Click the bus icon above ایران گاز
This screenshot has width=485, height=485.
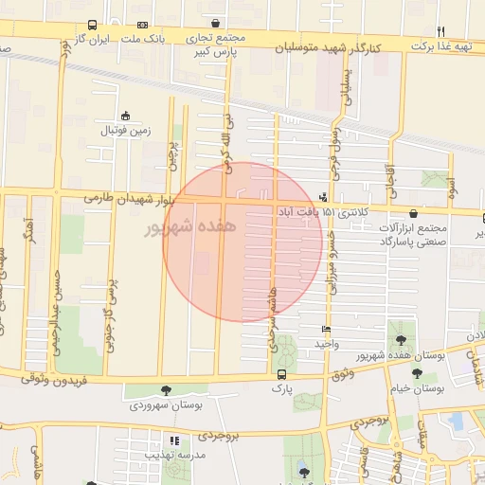pos(92,25)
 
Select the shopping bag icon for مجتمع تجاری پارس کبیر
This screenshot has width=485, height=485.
pos(216,24)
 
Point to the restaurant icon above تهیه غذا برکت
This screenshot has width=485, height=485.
pos(466,31)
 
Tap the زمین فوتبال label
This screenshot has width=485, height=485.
pos(125,129)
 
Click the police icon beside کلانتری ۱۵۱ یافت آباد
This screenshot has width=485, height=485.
pos(324,197)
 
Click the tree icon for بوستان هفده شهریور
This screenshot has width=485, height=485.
pos(401,339)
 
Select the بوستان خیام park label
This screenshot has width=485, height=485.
pos(418,388)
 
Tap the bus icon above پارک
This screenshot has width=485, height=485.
pos(280,373)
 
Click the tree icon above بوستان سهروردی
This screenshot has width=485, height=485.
pos(167,390)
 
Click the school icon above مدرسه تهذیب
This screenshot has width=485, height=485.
pos(173,440)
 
